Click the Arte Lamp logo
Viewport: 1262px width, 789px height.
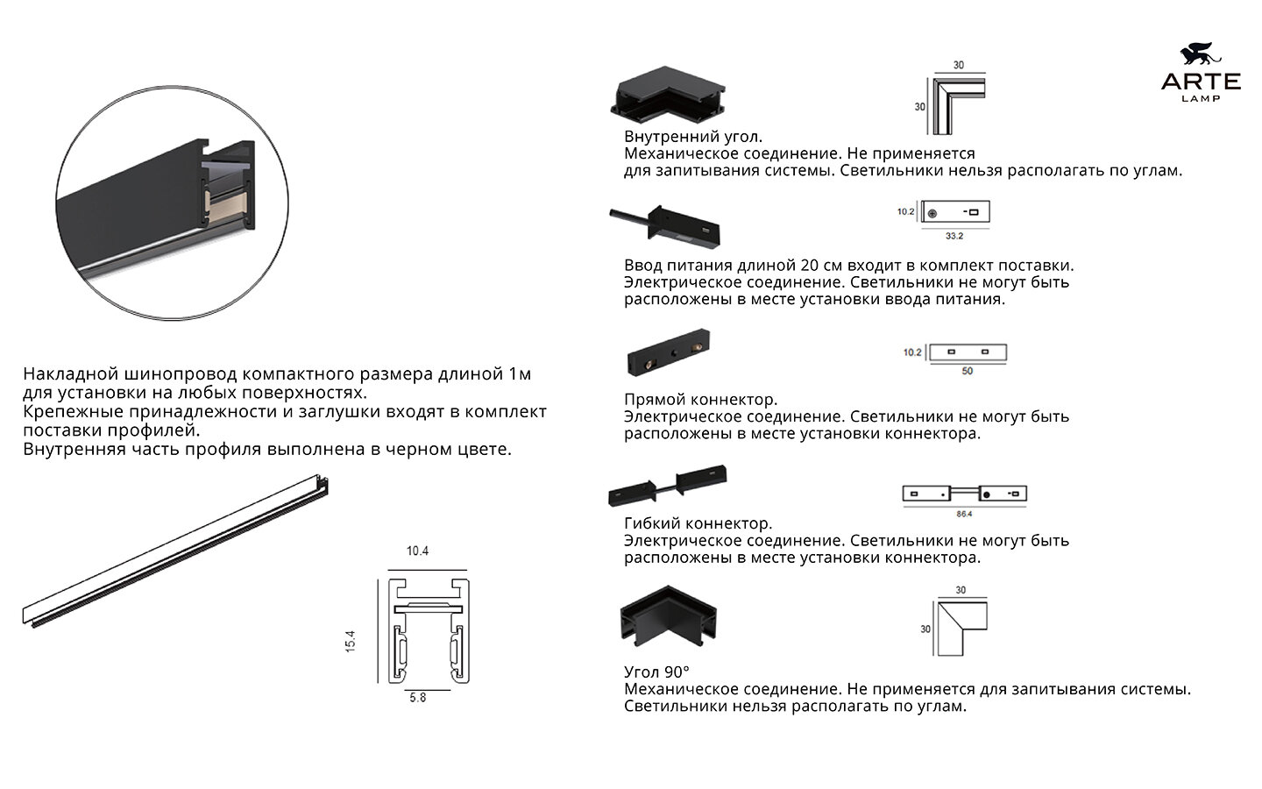click(x=1201, y=75)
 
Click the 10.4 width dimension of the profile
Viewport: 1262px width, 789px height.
click(x=417, y=551)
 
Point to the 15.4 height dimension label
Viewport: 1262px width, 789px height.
click(x=351, y=641)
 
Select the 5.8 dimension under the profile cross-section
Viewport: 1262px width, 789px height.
click(x=417, y=698)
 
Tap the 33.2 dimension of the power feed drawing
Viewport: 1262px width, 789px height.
click(x=954, y=236)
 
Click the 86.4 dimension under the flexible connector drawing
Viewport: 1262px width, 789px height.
click(x=964, y=514)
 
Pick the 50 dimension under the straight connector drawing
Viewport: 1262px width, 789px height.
click(x=967, y=371)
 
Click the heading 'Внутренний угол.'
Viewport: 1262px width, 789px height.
click(x=693, y=137)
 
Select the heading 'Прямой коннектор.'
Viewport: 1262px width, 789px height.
click(x=700, y=401)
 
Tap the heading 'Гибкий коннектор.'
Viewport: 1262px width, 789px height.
click(x=698, y=524)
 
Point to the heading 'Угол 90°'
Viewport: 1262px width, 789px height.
click(x=656, y=672)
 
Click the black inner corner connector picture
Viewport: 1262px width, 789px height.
click(x=668, y=96)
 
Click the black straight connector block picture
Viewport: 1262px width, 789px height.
click(x=669, y=352)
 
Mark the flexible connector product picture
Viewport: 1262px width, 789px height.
click(x=669, y=485)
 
